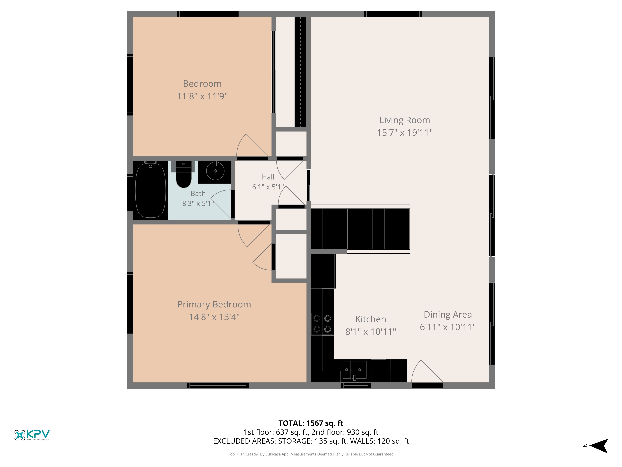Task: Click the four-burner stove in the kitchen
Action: click(x=322, y=324)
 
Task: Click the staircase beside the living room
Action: click(x=360, y=229)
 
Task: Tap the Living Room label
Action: click(x=405, y=120)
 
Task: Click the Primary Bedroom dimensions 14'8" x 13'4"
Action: click(x=214, y=317)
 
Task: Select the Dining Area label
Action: click(x=448, y=314)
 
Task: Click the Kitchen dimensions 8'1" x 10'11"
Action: click(x=371, y=332)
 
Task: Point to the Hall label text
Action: click(x=268, y=177)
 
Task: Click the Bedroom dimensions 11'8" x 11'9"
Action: click(x=202, y=96)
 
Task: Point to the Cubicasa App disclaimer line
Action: click(x=311, y=454)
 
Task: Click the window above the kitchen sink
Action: click(x=356, y=386)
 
